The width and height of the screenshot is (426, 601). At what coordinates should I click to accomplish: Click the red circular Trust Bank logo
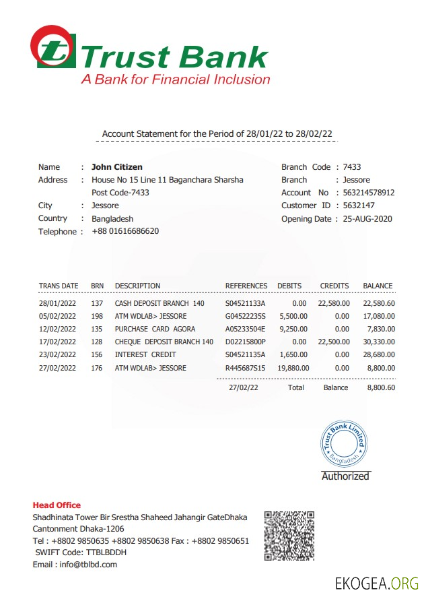(x=52, y=46)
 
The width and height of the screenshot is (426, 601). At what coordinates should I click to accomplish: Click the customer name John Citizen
(x=117, y=167)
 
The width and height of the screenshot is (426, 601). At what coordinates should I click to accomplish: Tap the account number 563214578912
(x=369, y=193)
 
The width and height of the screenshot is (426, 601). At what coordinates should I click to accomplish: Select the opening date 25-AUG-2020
(x=367, y=218)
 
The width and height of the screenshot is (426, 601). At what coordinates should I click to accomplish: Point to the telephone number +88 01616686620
(x=125, y=231)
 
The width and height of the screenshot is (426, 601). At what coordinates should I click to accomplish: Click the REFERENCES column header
(x=246, y=286)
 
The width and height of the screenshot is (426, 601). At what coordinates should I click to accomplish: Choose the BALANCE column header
(x=378, y=286)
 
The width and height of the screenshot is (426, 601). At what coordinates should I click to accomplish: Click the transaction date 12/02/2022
(x=59, y=329)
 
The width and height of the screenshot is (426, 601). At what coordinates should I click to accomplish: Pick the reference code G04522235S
(x=246, y=316)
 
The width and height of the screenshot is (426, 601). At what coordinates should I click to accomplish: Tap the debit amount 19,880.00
(x=292, y=368)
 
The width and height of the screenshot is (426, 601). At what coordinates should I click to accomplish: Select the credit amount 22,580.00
(x=334, y=303)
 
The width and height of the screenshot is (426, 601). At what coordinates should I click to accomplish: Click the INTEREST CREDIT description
(x=145, y=354)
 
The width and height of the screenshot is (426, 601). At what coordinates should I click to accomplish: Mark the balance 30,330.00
(x=379, y=342)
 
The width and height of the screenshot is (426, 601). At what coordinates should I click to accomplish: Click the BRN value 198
(x=97, y=316)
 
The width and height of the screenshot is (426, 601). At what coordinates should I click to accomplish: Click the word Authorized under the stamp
(x=345, y=476)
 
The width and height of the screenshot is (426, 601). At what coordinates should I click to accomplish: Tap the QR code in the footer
(x=289, y=536)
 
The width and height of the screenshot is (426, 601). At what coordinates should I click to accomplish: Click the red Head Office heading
(x=57, y=505)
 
